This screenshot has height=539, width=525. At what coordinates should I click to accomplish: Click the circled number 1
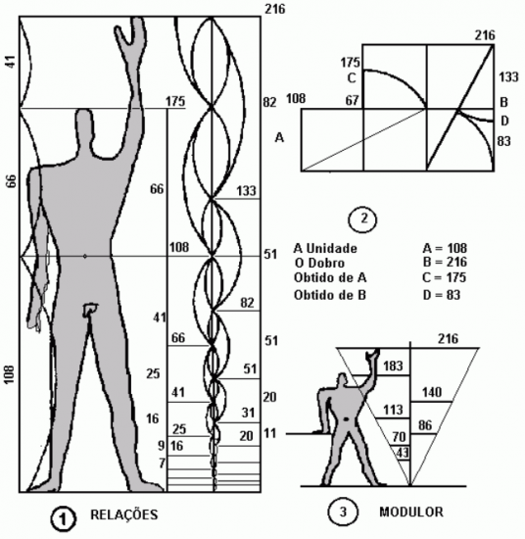pos(63,519)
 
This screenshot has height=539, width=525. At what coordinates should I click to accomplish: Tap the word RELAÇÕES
pos(124,514)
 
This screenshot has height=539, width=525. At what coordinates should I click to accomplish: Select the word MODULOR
pos(411,512)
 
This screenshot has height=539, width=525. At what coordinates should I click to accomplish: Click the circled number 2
pos(362,220)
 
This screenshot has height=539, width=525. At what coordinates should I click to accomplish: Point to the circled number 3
pos(343,513)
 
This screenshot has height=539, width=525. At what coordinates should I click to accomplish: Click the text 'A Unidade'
pos(325,248)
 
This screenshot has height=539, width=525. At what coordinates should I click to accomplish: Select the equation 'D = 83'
pos(441,295)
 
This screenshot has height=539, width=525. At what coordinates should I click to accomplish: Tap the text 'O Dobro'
pos(319,263)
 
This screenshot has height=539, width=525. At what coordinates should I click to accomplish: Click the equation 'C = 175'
pos(445,277)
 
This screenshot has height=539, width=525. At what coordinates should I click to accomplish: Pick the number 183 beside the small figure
pos(393,366)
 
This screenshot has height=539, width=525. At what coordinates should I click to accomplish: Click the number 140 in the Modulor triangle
pos(432,392)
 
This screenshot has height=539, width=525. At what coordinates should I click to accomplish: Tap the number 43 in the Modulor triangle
pos(403,453)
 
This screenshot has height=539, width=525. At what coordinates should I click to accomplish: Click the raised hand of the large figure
pos(131,32)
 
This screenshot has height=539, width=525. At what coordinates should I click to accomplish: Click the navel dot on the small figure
pos(346,419)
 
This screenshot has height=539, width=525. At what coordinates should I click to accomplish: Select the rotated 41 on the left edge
pos(11,62)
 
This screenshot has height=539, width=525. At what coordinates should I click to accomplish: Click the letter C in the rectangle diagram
pos(352,78)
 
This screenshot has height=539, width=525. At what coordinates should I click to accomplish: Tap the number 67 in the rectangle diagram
pos(353,100)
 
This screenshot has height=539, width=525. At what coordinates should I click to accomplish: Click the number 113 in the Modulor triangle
pos(393,410)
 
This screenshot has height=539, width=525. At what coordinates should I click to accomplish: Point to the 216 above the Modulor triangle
pos(448,339)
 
